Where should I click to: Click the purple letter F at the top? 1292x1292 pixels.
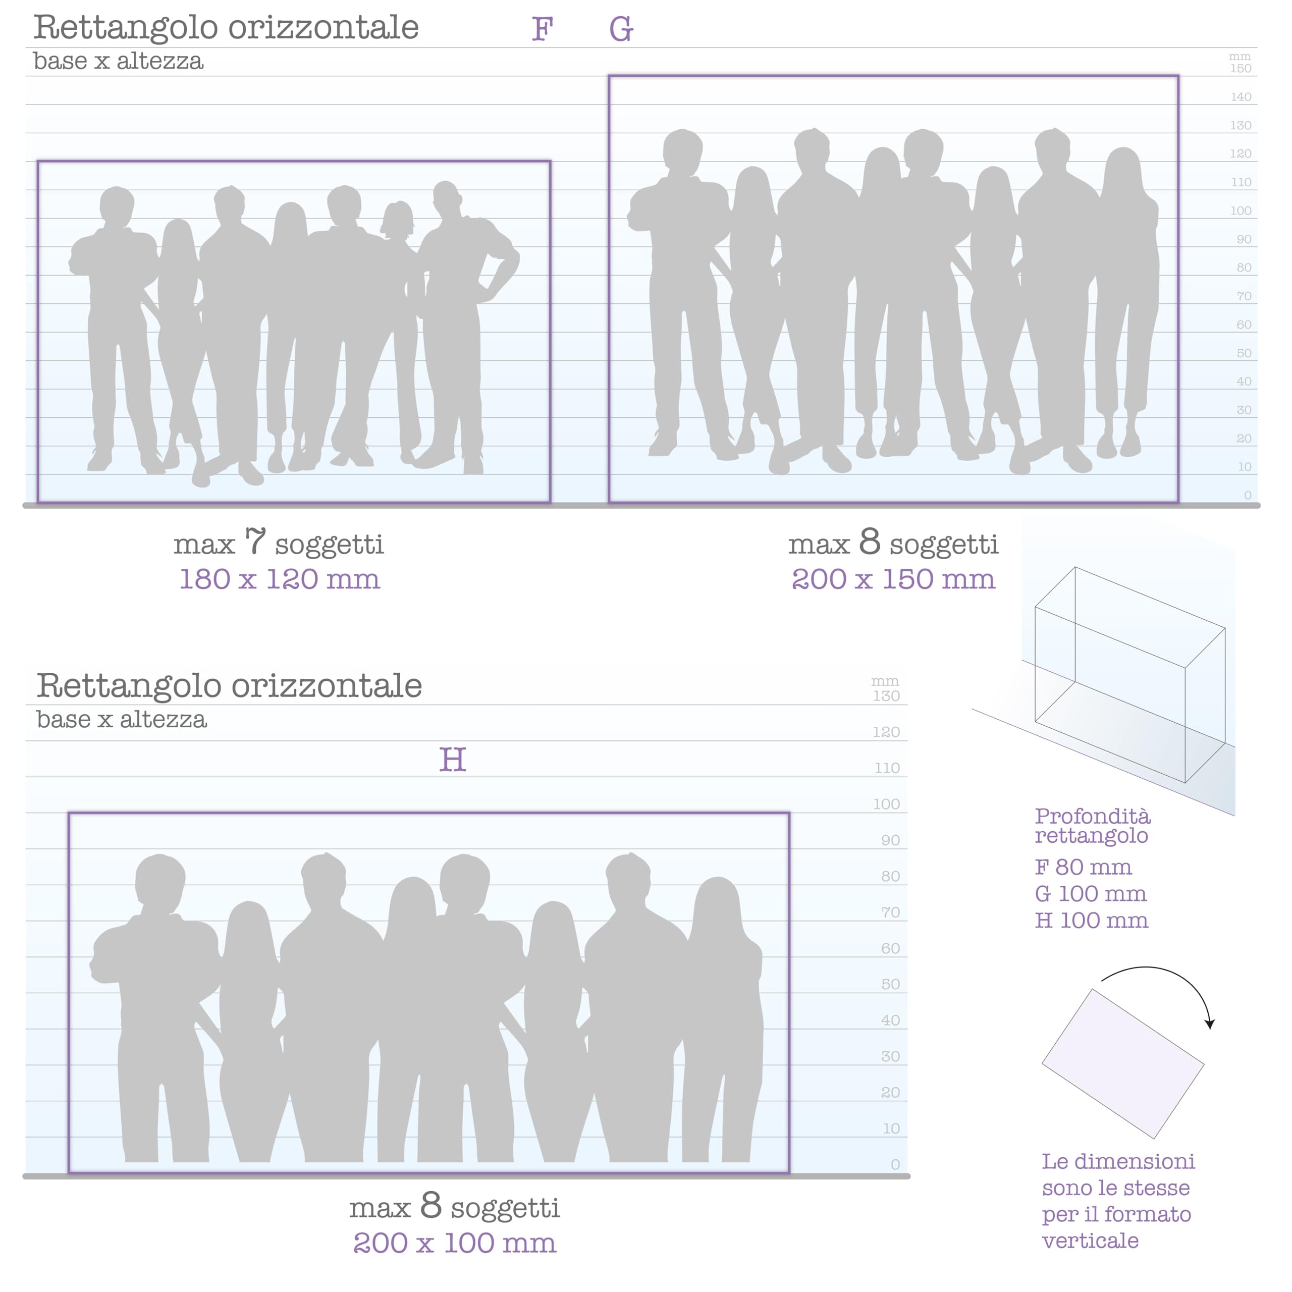(543, 29)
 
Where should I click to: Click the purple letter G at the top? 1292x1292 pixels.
(621, 29)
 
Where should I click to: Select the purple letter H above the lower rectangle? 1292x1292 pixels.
(453, 760)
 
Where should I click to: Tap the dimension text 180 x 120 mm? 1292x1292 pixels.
(280, 579)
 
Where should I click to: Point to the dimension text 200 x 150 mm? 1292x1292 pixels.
(893, 579)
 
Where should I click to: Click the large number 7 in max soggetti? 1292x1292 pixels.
(255, 541)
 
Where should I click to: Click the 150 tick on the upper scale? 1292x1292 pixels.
(1241, 68)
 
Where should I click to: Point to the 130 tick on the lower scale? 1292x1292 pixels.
(886, 696)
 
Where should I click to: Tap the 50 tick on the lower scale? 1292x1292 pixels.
(890, 984)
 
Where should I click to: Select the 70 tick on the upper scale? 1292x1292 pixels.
(1244, 296)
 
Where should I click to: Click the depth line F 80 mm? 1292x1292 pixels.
(1084, 868)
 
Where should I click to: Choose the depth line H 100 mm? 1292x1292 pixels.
(1091, 921)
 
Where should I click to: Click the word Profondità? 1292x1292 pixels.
(1093, 817)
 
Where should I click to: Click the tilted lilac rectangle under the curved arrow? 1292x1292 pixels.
(1123, 1064)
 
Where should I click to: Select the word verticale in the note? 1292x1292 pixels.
(1090, 1241)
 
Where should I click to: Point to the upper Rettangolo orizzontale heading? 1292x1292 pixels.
(226, 27)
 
